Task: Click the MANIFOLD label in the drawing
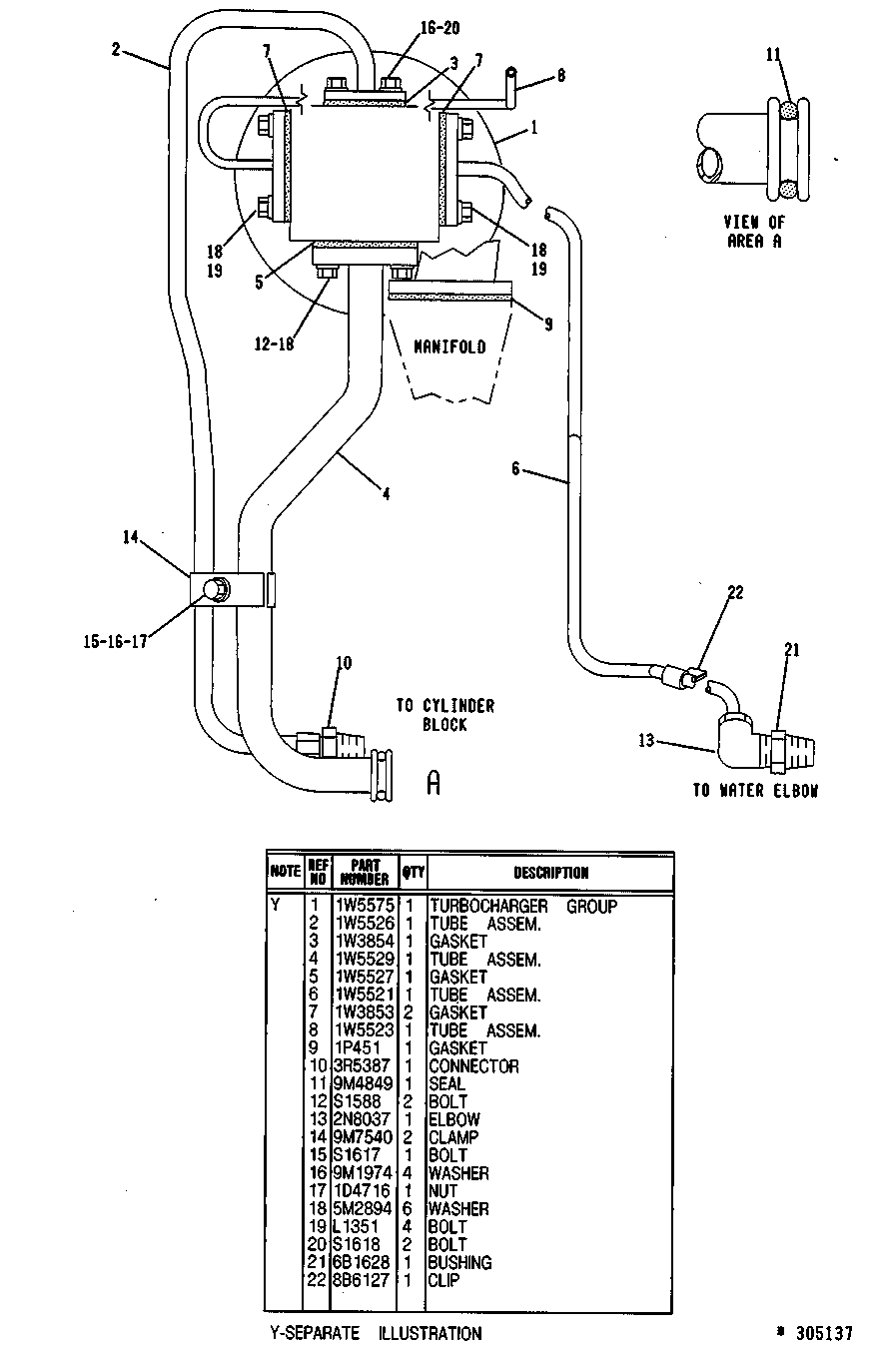pos(449,346)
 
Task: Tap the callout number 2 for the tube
pos(116,49)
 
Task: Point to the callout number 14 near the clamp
pos(131,537)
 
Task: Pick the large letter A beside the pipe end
pos(434,783)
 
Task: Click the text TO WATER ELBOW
pos(755,790)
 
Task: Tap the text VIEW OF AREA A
pos(754,232)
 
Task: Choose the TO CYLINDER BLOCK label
pos(444,715)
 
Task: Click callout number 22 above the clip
pos(735,592)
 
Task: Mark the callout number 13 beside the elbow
pos(646,740)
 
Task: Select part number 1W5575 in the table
pos(364,906)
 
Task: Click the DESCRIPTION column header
pos(550,872)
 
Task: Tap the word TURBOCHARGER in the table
pos(488,906)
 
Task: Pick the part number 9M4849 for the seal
pos(364,1083)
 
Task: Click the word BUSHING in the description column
pos(459,1262)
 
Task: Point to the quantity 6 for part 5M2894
pos(409,1208)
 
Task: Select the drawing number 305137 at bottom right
pos(824,1333)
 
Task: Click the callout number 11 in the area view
pos(773,55)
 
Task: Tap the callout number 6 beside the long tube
pos(516,468)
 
